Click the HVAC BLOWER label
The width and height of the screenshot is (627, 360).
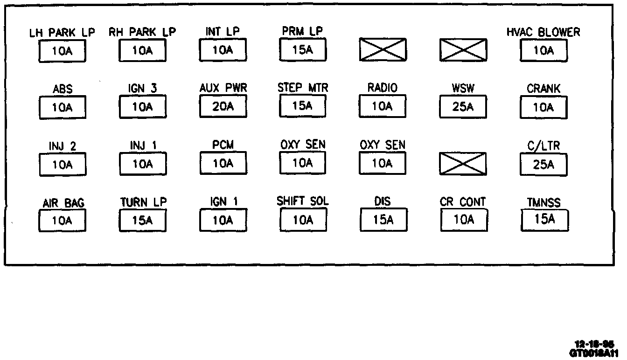pyautogui.click(x=543, y=32)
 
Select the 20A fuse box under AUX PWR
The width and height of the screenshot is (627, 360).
pyautogui.click(x=223, y=107)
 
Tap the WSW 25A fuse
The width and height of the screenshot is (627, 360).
pyautogui.click(x=463, y=107)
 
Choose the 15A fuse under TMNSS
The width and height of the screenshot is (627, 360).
pyautogui.click(x=544, y=220)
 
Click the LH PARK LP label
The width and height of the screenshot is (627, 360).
pyautogui.click(x=62, y=33)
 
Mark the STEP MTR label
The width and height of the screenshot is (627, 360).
pyautogui.click(x=303, y=88)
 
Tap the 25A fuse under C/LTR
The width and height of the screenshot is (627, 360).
pyautogui.click(x=543, y=164)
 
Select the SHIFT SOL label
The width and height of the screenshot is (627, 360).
pyautogui.click(x=303, y=201)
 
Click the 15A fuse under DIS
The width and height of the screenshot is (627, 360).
pyautogui.click(x=383, y=220)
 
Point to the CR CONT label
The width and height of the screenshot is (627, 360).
pyautogui.click(x=463, y=202)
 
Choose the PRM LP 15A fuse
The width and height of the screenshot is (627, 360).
pyautogui.click(x=303, y=50)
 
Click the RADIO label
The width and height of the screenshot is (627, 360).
pyautogui.click(x=383, y=88)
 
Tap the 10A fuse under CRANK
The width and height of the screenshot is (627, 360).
pyautogui.click(x=543, y=108)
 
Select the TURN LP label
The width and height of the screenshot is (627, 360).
pyautogui.click(x=143, y=202)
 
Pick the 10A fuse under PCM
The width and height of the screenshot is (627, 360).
pyautogui.click(x=223, y=163)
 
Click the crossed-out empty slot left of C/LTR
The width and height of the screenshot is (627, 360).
pyautogui.click(x=463, y=164)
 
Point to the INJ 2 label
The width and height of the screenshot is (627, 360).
pyautogui.click(x=63, y=146)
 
